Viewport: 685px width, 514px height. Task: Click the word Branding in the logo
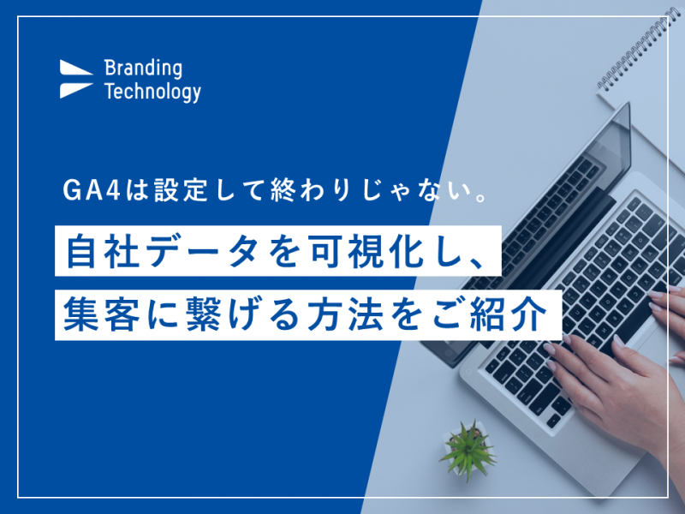point(143,69)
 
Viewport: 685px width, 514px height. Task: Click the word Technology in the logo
point(152,92)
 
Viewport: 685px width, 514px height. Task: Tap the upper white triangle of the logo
point(75,68)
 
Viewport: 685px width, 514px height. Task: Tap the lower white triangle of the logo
point(75,91)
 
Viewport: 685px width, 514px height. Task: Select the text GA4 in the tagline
point(92,190)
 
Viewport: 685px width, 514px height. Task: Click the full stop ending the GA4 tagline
point(480,197)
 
